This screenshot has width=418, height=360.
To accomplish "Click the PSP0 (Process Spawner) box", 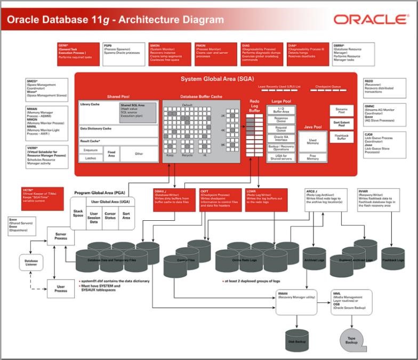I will tap(124, 53).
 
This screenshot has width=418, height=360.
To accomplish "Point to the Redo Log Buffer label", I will tap(254, 106).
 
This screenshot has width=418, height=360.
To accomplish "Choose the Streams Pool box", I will tap(341, 111).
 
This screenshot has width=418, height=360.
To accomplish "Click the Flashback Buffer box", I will tap(341, 137).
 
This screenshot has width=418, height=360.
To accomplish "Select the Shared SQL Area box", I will tap(138, 112).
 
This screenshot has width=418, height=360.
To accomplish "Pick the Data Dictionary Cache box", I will tap(118, 130).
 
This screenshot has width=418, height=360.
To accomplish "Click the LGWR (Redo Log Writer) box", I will tap(263, 199).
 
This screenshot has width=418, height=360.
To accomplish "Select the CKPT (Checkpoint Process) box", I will tap(220, 199).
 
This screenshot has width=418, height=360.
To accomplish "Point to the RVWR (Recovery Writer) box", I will tap(380, 199).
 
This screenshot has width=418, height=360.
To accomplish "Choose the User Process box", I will tap(61, 289).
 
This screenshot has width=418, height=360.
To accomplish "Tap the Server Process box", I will tap(61, 236).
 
